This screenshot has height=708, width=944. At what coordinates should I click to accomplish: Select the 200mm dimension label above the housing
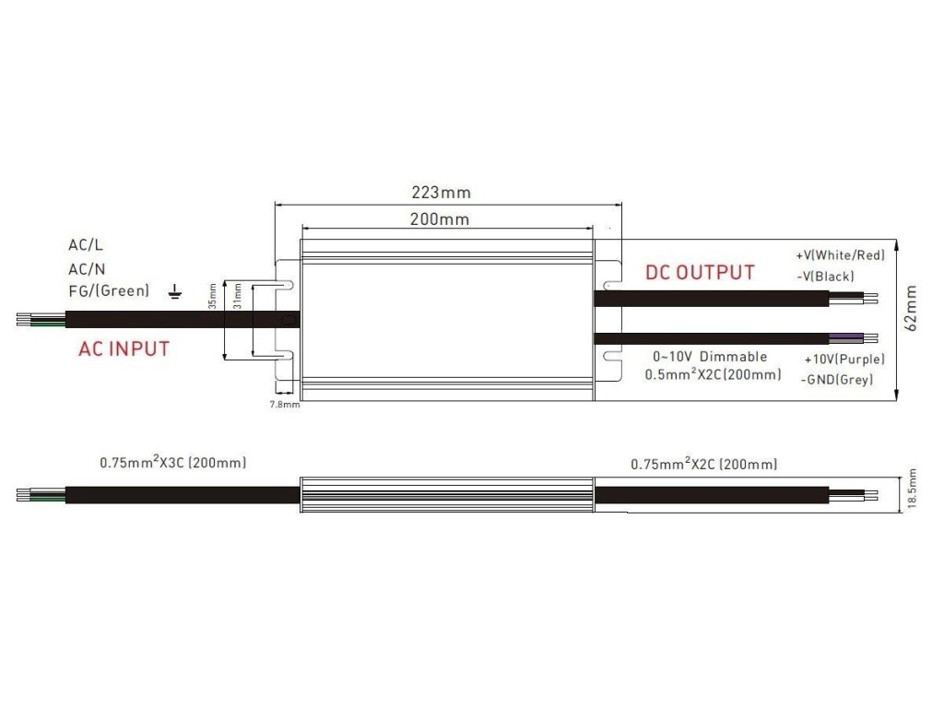click(440, 219)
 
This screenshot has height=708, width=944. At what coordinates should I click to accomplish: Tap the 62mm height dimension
click(910, 307)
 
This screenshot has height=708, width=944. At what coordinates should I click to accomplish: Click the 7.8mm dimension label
click(284, 405)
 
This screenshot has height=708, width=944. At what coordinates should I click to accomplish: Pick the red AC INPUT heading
click(124, 349)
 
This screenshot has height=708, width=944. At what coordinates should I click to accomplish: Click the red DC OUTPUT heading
click(699, 273)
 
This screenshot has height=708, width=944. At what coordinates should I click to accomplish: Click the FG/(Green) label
click(108, 291)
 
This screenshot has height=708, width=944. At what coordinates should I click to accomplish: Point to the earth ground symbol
click(175, 292)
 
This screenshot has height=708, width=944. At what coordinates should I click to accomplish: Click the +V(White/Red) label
click(840, 254)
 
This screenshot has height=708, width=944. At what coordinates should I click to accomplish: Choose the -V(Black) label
click(824, 277)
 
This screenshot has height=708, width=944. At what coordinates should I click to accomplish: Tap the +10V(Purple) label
click(844, 359)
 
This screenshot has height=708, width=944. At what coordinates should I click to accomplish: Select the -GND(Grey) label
click(837, 380)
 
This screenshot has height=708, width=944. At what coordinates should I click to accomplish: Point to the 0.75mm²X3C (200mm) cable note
click(173, 463)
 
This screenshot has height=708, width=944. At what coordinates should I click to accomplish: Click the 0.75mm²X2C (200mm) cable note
click(703, 464)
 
